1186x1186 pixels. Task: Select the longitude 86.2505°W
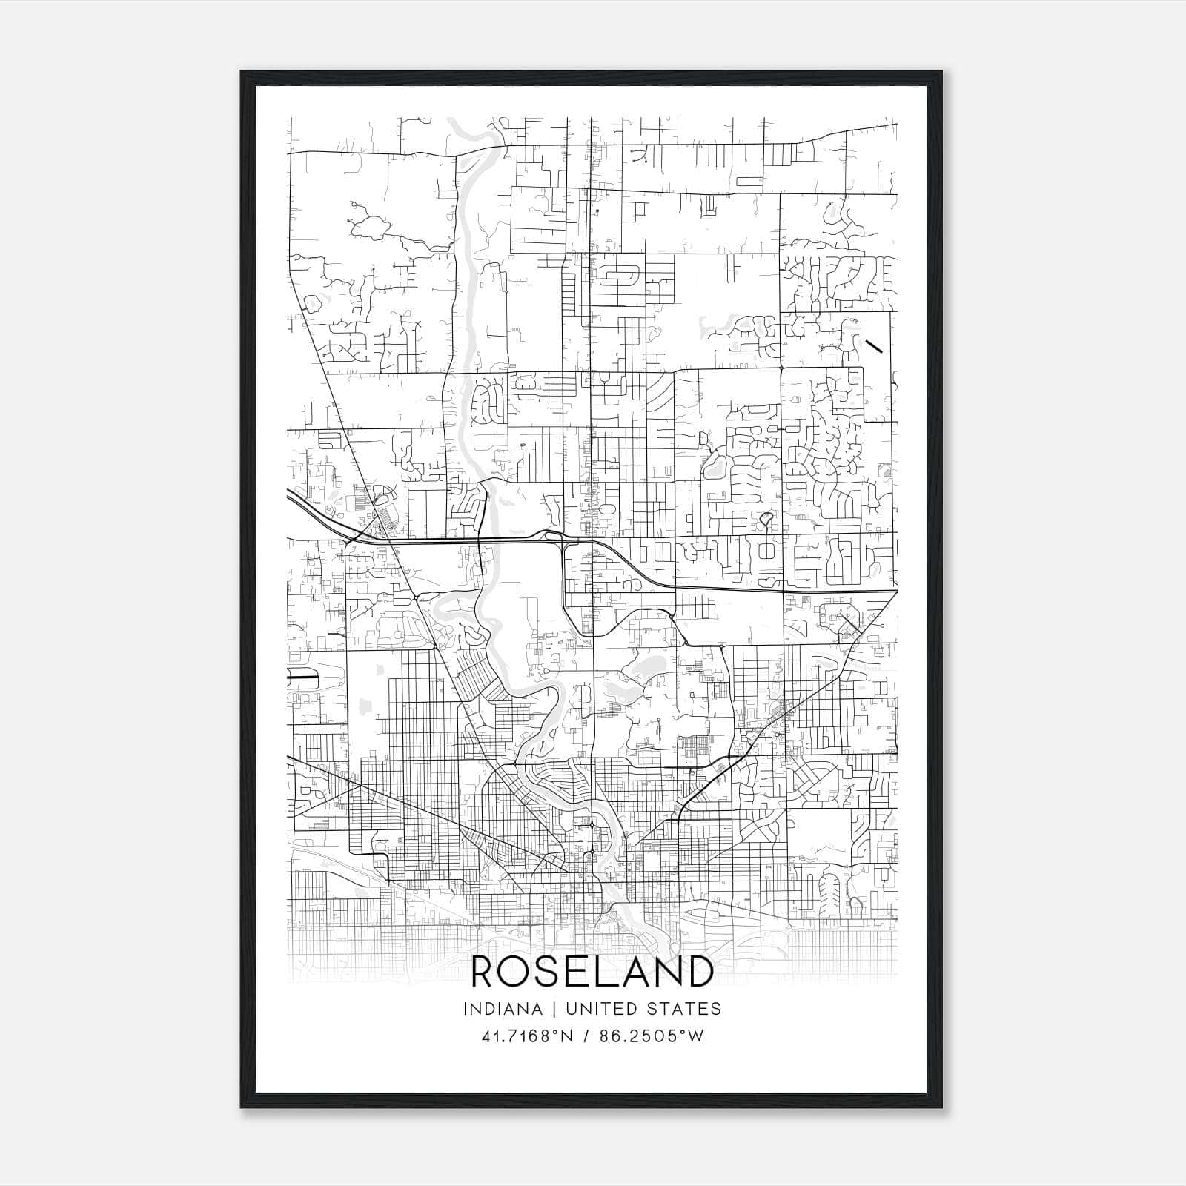[646, 1036]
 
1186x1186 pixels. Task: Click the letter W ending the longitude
[695, 1036]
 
